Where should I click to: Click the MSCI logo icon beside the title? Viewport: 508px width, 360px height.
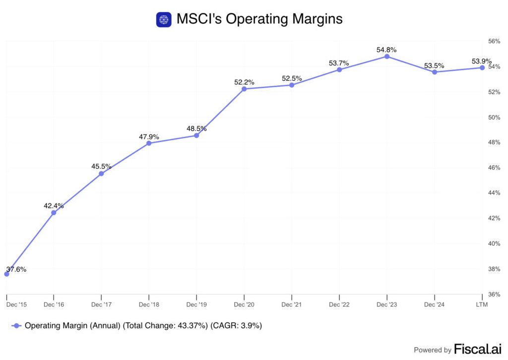point(163,19)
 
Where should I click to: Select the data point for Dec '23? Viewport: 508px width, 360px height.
point(387,57)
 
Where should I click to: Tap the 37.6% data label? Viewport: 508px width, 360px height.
point(16,269)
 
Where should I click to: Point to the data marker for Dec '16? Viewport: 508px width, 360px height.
point(54,213)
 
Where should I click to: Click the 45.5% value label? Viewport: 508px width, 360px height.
point(101,166)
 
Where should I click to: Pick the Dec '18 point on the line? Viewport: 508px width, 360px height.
point(149,143)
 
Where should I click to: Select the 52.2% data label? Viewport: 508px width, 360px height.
point(244,82)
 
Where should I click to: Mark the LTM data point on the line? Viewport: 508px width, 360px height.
point(482,68)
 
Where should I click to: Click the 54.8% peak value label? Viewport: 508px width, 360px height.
point(387,50)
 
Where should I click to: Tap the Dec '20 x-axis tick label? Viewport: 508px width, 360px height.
point(244,304)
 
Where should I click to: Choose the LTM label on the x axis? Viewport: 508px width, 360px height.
point(482,304)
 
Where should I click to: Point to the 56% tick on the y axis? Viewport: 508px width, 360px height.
point(494,42)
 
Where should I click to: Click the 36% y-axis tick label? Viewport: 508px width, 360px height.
point(494,294)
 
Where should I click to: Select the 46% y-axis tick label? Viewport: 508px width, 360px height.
point(494,168)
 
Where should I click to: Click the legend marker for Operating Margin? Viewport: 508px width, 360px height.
point(17,326)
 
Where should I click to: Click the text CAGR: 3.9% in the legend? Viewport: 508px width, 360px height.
point(237,326)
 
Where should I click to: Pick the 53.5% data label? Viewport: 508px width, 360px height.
point(434,66)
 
